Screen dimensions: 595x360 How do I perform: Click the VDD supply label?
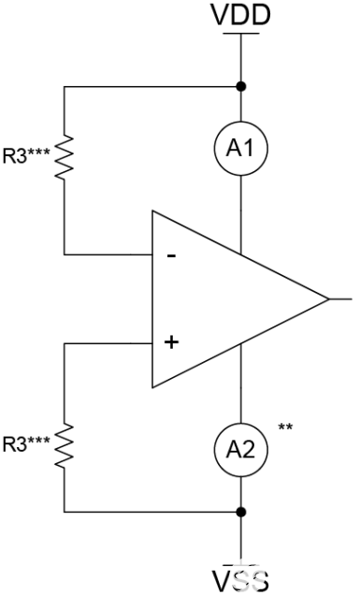pos(242,16)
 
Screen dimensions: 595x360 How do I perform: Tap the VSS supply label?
pos(242,579)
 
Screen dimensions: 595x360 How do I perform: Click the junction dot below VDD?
pos(242,87)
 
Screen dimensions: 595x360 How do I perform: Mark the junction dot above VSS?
pos(242,512)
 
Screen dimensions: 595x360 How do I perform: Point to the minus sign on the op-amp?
pos(171,254)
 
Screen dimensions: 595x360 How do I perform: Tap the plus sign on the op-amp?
pos(171,342)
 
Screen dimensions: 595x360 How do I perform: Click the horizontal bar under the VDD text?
pos(242,35)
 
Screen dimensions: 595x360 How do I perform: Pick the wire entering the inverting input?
pos(108,254)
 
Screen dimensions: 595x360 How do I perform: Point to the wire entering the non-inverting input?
pos(108,342)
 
